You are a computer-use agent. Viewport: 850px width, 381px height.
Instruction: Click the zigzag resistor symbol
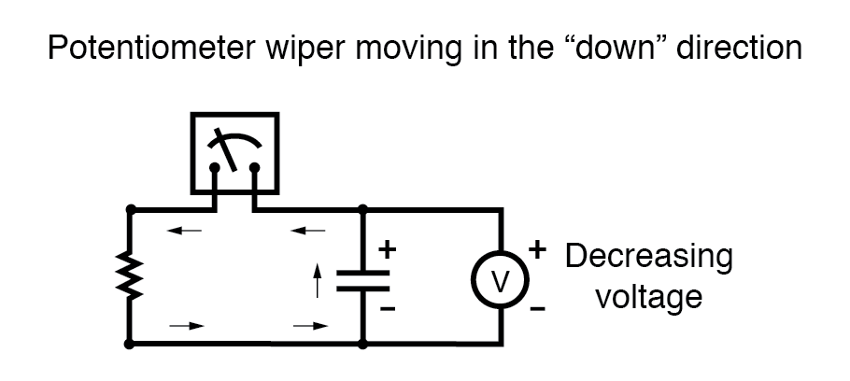tap(130, 276)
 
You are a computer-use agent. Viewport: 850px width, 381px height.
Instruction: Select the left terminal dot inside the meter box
tap(215, 169)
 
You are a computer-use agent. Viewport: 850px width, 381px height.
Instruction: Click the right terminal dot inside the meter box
tap(254, 169)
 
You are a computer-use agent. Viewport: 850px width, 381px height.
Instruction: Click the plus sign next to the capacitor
tap(388, 249)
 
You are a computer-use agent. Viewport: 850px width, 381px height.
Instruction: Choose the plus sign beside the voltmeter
tap(537, 249)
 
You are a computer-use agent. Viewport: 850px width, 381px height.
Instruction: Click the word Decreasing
tap(649, 256)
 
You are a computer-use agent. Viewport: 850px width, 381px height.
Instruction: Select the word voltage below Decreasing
tap(648, 297)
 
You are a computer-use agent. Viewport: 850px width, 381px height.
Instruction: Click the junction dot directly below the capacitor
tap(362, 344)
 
